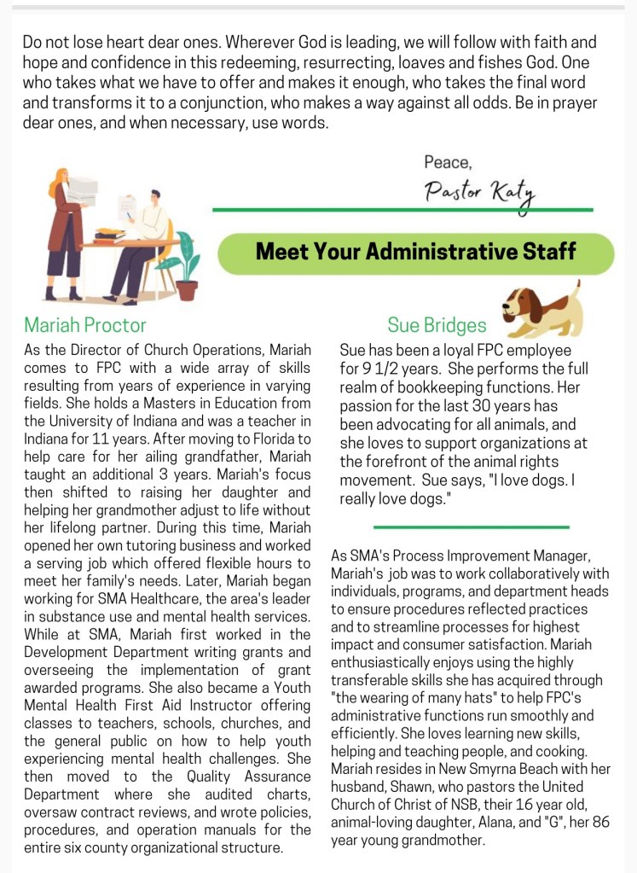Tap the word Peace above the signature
point(447,161)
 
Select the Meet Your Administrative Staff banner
point(415,252)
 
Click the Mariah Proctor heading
point(85,325)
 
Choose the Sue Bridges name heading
point(437,325)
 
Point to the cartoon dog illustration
point(542,309)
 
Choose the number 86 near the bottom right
point(602,823)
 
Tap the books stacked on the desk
point(109,234)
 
